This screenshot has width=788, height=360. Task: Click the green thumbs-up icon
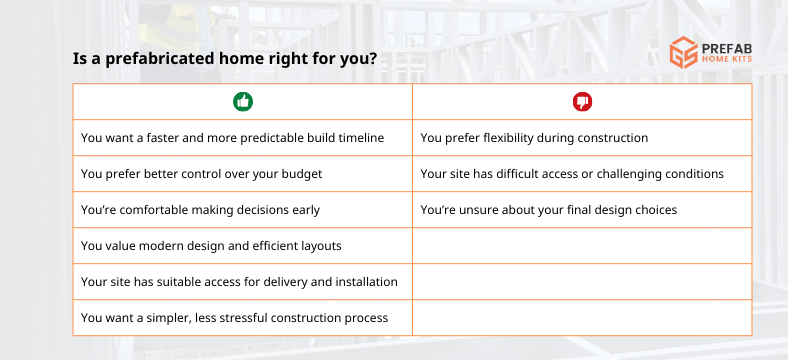[242, 101]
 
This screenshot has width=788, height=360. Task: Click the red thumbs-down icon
[582, 101]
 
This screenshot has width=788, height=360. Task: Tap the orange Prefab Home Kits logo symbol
[684, 52]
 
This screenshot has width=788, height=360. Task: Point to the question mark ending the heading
[372, 59]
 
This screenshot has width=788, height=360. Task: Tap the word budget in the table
[301, 174]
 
